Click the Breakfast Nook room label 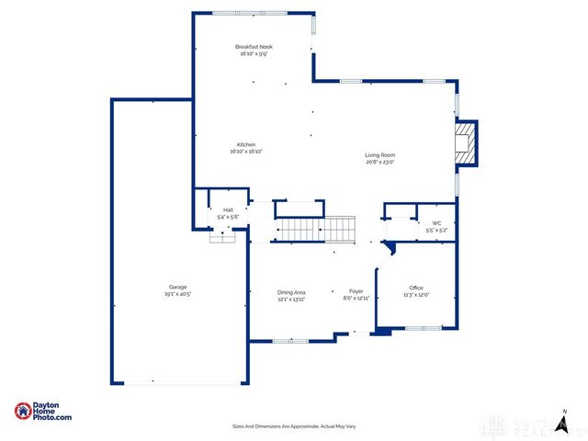coord(254,47)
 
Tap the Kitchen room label coord(246,145)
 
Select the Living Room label coord(380,155)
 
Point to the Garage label coord(177,287)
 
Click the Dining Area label coord(291,292)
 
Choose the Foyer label coord(356,292)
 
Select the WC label coord(437,222)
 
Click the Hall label coord(228,210)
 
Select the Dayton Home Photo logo coord(43,413)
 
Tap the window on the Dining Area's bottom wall coord(290,341)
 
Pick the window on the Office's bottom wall coord(423,327)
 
